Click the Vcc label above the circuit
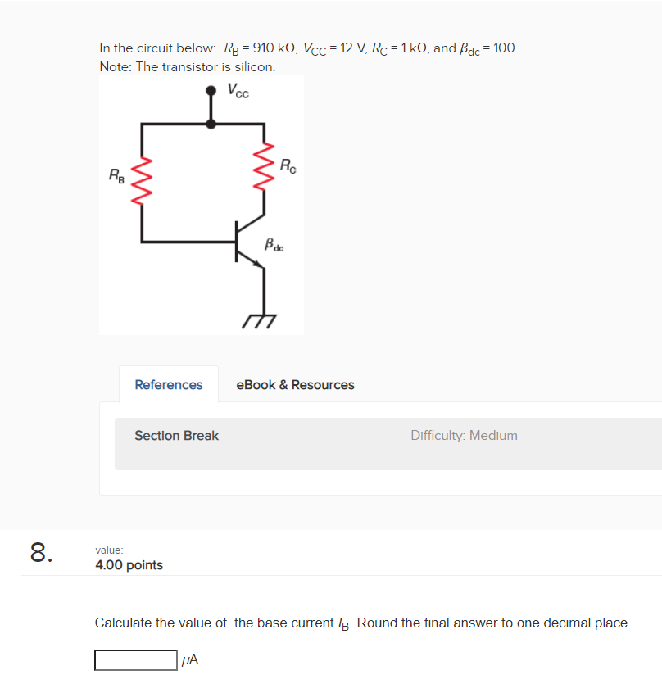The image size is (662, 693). pos(238,90)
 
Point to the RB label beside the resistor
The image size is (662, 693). pos(117,174)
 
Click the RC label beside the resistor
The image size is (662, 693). pos(288,165)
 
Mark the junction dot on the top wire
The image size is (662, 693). pos(211,124)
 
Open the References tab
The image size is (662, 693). pos(169,385)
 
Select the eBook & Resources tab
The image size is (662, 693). pos(295,385)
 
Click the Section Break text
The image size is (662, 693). pos(176,436)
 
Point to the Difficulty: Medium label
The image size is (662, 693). pos(464,436)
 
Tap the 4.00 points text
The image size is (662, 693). pos(129,565)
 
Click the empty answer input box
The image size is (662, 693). pos(135,660)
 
